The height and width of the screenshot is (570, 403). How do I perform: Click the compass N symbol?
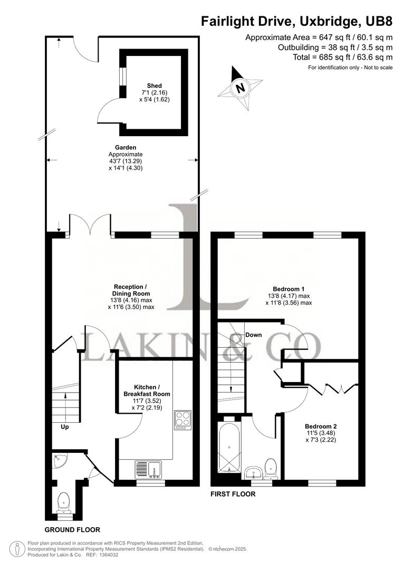point(240,88)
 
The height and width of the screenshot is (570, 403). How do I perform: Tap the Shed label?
point(155,86)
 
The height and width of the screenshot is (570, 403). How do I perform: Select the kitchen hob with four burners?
point(183,420)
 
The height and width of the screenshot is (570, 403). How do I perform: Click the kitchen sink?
point(149,469)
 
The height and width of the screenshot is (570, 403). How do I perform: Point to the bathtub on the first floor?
point(229,447)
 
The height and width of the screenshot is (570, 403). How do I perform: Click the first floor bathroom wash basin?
point(253,473)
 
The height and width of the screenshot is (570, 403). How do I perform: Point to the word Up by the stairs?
point(65,427)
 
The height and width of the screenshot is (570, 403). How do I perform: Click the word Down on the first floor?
point(253,335)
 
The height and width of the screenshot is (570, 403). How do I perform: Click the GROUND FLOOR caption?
point(72,530)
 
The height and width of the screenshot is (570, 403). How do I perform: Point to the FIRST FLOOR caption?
point(233,494)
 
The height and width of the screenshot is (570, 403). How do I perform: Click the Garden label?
point(126,147)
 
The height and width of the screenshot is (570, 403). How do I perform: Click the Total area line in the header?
point(343,57)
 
